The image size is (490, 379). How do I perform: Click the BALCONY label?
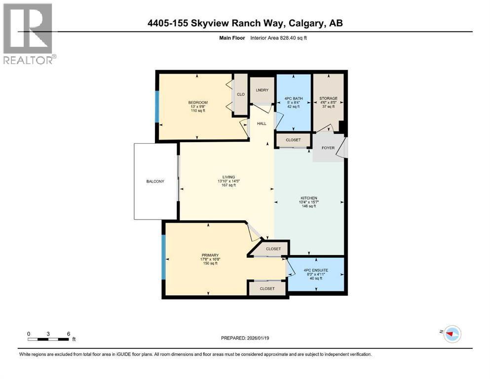(155, 182)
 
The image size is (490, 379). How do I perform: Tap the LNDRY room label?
(262, 90)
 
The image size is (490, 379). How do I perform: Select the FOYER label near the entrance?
(328, 148)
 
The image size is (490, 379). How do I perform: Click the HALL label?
(262, 123)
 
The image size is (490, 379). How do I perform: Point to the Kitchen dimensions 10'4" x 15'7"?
(309, 202)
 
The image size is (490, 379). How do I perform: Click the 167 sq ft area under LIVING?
(228, 185)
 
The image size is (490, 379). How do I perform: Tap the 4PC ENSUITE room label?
(316, 270)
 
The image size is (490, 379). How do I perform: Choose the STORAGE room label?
(329, 98)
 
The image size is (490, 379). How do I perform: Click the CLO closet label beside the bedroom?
(241, 94)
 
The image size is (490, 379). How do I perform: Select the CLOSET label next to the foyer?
(293, 140)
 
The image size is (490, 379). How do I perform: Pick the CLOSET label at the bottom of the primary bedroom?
(267, 289)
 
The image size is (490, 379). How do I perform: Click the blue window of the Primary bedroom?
(163, 257)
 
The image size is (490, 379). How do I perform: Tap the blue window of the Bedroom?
(157, 107)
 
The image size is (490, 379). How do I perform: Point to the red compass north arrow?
(450, 334)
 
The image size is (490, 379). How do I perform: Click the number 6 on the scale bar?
(69, 334)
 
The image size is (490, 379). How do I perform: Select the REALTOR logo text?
(28, 60)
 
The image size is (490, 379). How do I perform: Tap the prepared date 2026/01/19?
(258, 338)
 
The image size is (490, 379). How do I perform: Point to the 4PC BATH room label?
(294, 98)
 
